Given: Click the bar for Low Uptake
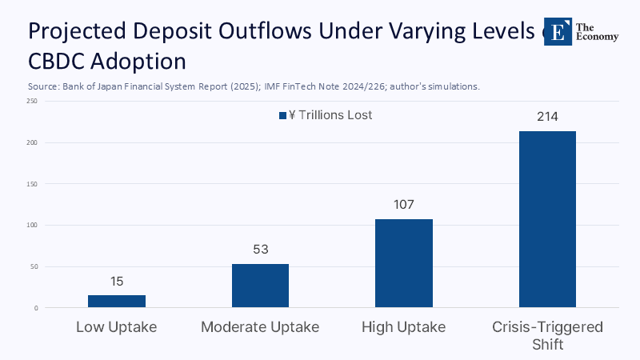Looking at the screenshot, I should [116, 301].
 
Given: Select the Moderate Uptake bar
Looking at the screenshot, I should [260, 286].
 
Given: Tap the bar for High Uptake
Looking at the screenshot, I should [404, 263].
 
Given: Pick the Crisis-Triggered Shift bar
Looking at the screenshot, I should [547, 219].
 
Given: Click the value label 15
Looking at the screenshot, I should [116, 282].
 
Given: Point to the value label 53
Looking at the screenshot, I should [260, 250].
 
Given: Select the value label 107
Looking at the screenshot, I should [404, 205].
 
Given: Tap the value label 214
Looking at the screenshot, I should [547, 117].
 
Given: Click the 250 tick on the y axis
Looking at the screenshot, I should [32, 102].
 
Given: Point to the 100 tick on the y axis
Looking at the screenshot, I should [32, 225].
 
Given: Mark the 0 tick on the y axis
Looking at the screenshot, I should [35, 308].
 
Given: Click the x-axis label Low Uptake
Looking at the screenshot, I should [116, 327].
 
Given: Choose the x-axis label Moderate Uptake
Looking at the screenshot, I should [260, 327].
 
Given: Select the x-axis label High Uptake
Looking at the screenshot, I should [404, 327].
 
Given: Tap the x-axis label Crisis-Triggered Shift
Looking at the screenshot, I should [547, 335].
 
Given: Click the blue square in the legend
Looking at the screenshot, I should [282, 116].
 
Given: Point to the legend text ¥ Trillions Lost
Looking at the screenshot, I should [330, 115].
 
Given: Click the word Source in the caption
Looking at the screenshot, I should [43, 86].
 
